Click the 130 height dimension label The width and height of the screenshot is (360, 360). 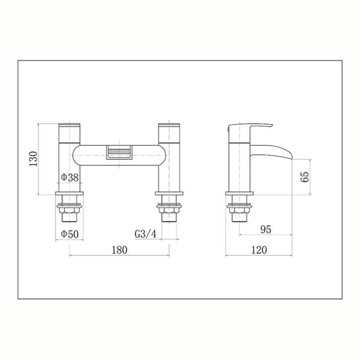pos(33,159)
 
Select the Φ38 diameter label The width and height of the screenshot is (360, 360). pos(70,177)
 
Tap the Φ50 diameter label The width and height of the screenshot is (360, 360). pos(70,234)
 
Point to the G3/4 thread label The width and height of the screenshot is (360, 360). pos(145,234)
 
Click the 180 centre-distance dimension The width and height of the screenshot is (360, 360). pos(119,250)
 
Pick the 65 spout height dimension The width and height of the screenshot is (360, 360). pos(305,176)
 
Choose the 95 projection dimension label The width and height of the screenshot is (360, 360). pos(266,230)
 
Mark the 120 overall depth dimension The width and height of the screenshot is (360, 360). pos(259,250)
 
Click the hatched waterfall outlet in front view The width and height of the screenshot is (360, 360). pos(119,152)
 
